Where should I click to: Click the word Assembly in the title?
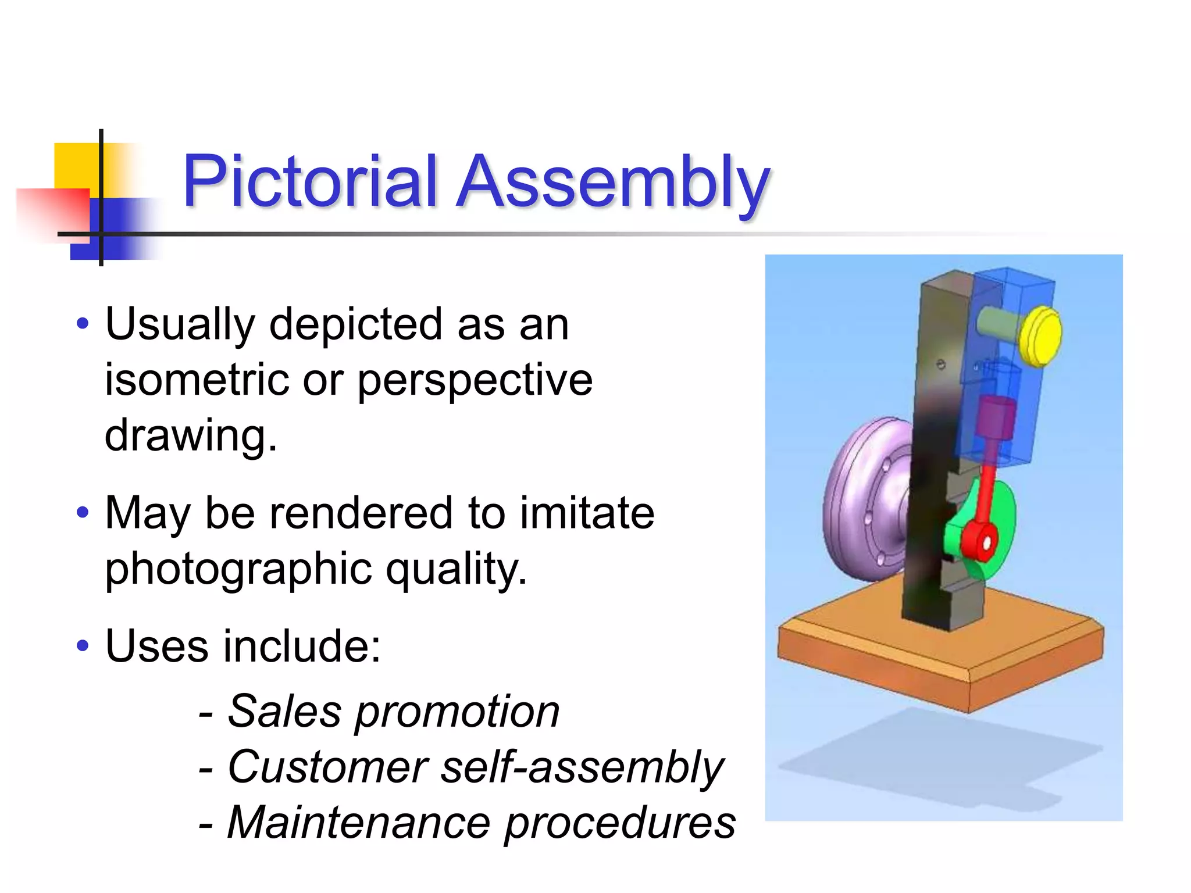coord(613,183)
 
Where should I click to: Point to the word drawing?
coord(191,436)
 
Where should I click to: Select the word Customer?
coord(328,767)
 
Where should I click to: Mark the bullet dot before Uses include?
coord(83,645)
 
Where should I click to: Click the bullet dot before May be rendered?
coord(83,512)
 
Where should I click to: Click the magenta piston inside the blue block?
coord(996,419)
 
